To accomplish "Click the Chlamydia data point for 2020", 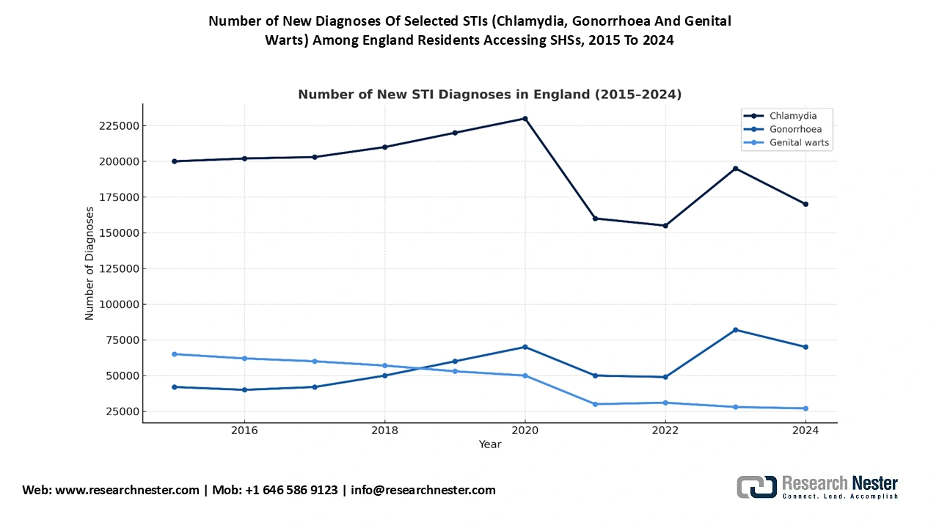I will click(525, 118).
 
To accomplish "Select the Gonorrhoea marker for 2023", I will click(735, 330).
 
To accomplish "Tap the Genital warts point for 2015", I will click(175, 354).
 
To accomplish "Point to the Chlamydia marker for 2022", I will click(665, 225).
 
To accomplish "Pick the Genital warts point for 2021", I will click(595, 404).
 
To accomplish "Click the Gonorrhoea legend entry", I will click(794, 129).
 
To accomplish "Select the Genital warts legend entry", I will click(799, 142).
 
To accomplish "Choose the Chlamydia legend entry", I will click(792, 116).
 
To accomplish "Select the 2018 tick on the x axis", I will click(385, 430).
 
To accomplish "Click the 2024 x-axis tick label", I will click(805, 430).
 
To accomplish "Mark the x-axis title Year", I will click(490, 444).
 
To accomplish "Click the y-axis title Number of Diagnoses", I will click(89, 263).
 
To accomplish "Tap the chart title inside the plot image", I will click(489, 95).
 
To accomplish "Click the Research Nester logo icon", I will click(756, 487).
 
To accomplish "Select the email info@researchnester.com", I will click(423, 490).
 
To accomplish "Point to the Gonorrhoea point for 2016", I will click(244, 389).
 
